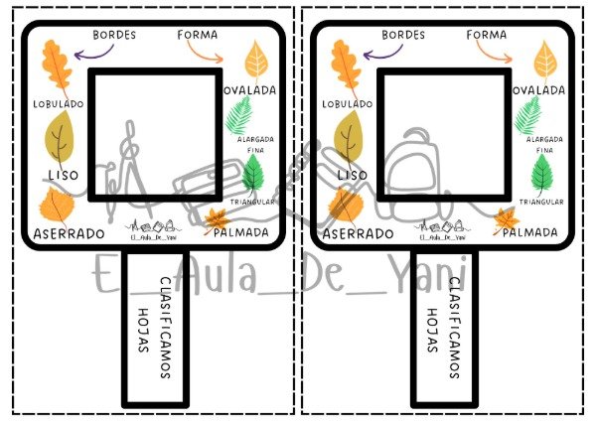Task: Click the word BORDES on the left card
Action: [114, 35]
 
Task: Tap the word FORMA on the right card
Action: [487, 35]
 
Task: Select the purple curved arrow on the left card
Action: [94, 54]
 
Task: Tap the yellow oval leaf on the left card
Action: [256, 61]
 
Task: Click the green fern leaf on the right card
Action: [528, 115]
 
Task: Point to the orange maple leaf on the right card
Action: [506, 220]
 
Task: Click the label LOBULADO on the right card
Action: [348, 104]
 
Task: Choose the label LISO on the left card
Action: [64, 175]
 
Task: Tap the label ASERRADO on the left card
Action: [69, 233]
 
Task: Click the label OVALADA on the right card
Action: [539, 90]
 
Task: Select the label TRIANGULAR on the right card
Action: [541, 202]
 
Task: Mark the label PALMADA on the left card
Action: [241, 232]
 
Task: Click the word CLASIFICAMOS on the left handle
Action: [165, 328]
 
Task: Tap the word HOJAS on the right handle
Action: [432, 331]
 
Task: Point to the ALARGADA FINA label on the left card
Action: [256, 144]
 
